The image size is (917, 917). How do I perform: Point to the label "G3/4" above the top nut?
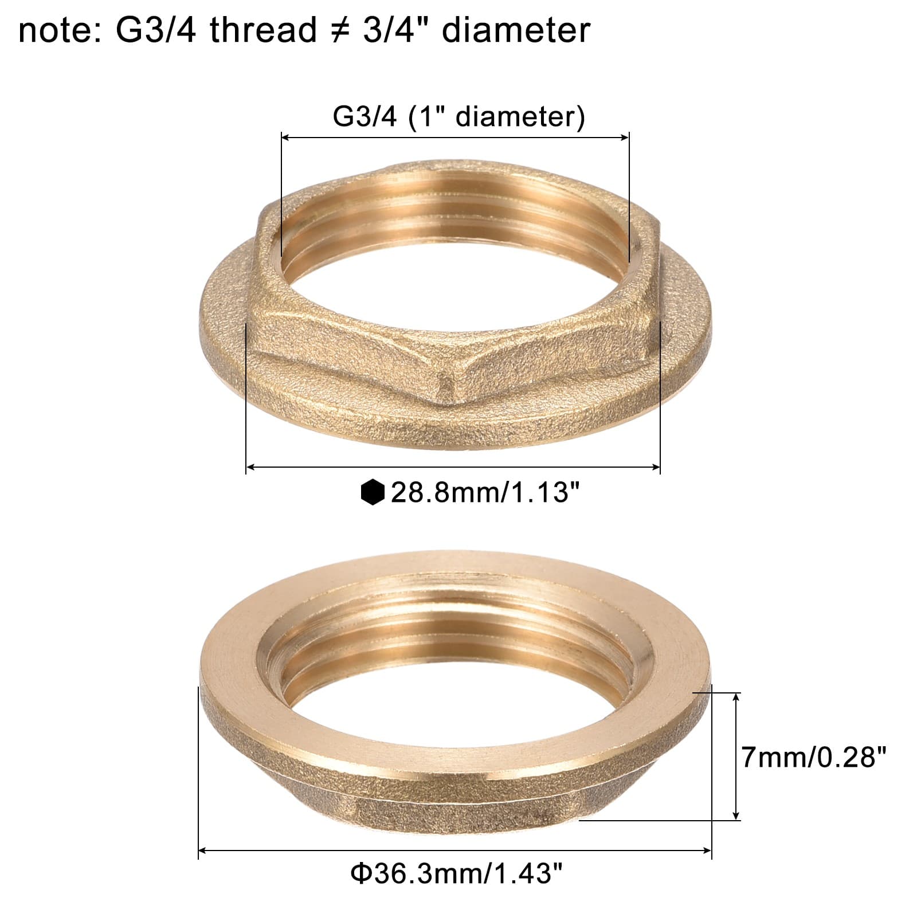tap(364, 117)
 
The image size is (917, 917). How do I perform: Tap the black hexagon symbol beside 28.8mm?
tap(373, 492)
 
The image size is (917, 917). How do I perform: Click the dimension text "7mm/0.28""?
tap(814, 758)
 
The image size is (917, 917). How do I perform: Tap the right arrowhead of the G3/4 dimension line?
tap(625, 137)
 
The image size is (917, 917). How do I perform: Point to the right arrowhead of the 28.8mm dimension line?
tap(656, 468)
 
